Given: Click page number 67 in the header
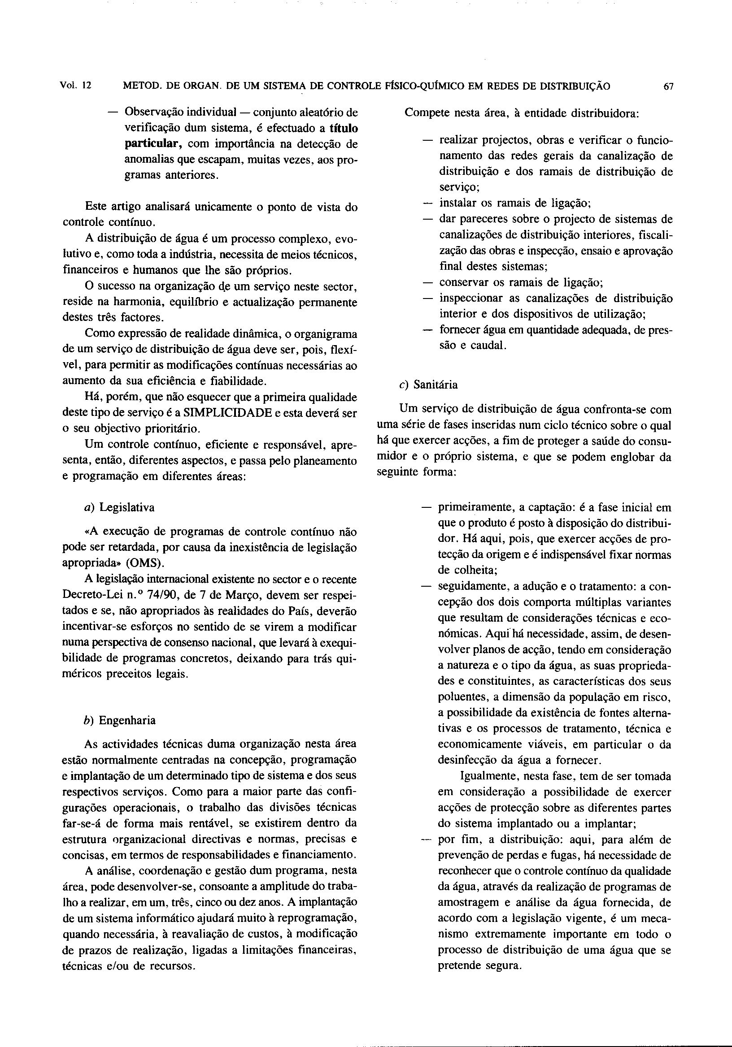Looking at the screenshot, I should pyautogui.click(x=669, y=87).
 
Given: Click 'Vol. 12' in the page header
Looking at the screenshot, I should pyautogui.click(x=76, y=86).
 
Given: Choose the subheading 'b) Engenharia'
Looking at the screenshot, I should pyautogui.click(x=121, y=720).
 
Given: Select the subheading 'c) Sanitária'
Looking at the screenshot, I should pyautogui.click(x=428, y=385).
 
